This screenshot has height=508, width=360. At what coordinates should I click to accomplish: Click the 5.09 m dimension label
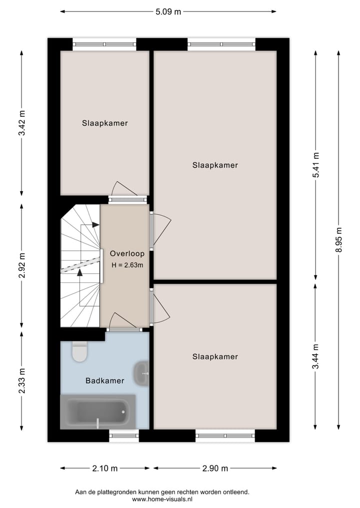point(167,12)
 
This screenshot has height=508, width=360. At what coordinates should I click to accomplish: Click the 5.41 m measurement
point(315,165)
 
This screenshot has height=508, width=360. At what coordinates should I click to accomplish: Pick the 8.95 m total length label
point(339,241)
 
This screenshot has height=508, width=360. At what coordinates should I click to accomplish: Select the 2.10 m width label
point(105,469)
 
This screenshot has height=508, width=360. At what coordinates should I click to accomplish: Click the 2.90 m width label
point(215,469)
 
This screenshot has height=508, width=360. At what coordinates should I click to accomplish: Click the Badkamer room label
point(104,381)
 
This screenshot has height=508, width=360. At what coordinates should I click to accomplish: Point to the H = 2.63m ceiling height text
point(127,265)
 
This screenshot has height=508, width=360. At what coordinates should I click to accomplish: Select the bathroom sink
point(141,372)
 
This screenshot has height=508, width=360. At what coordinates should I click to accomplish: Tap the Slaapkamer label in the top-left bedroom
point(105,123)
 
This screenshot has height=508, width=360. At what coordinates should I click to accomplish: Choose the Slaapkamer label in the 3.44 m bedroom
point(215,357)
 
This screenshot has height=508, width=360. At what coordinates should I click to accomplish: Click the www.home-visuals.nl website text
point(162,499)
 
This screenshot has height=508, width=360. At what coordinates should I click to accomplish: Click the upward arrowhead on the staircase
point(79,272)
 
